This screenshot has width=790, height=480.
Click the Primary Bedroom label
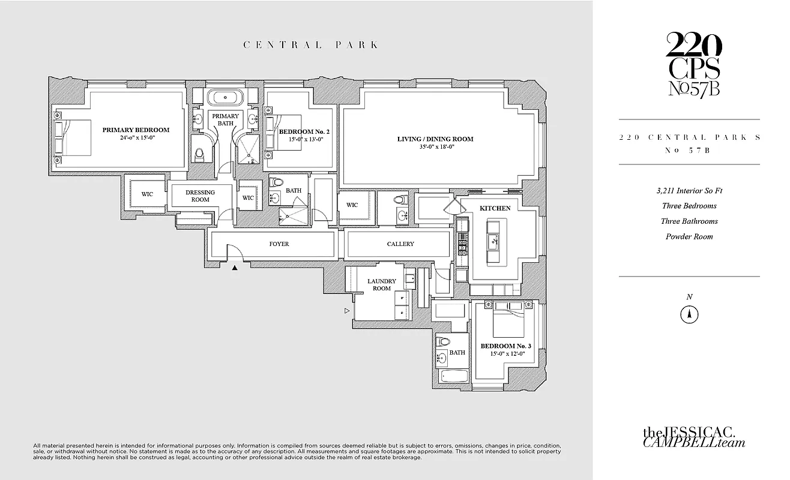[136, 130]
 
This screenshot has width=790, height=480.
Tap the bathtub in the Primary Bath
[225, 98]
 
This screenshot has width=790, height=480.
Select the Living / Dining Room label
[435, 139]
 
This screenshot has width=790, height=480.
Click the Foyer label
[279, 244]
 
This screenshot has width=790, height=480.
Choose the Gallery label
[400, 244]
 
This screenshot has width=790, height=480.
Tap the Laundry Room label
[382, 284]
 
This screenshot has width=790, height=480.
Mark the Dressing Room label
[200, 196]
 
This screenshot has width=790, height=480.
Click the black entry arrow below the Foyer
[235, 268]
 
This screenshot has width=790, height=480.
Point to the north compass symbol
[690, 314]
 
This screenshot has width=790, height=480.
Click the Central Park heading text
[310, 44]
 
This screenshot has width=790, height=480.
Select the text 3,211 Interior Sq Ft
[689, 191]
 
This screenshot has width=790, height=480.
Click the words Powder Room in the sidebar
[689, 236]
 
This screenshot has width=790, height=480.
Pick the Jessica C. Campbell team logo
[694, 437]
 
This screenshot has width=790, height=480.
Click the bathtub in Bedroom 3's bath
[452, 377]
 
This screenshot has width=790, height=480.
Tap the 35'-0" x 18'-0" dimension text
[435, 148]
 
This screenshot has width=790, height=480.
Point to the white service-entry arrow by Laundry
[346, 311]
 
